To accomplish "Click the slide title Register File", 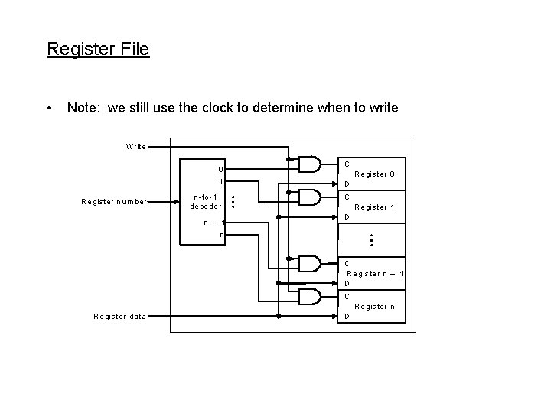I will (98, 50).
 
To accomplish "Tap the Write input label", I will (135, 146).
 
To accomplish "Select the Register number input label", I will (113, 202).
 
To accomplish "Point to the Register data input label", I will (119, 316).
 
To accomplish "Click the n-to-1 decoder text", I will (206, 202).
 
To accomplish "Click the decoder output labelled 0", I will (220, 170).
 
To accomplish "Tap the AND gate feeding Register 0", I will (309, 164).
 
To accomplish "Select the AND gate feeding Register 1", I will (309, 197).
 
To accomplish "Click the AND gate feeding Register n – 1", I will (309, 264).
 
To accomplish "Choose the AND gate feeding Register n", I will (309, 297).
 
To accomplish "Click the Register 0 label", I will (374, 174).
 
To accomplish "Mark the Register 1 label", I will (374, 207).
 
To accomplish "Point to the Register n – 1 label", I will (375, 274).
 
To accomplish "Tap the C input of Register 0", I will (347, 164).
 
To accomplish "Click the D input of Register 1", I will (347, 217).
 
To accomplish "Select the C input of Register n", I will (347, 296).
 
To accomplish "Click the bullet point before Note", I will (50, 108).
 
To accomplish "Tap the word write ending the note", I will (382, 108).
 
